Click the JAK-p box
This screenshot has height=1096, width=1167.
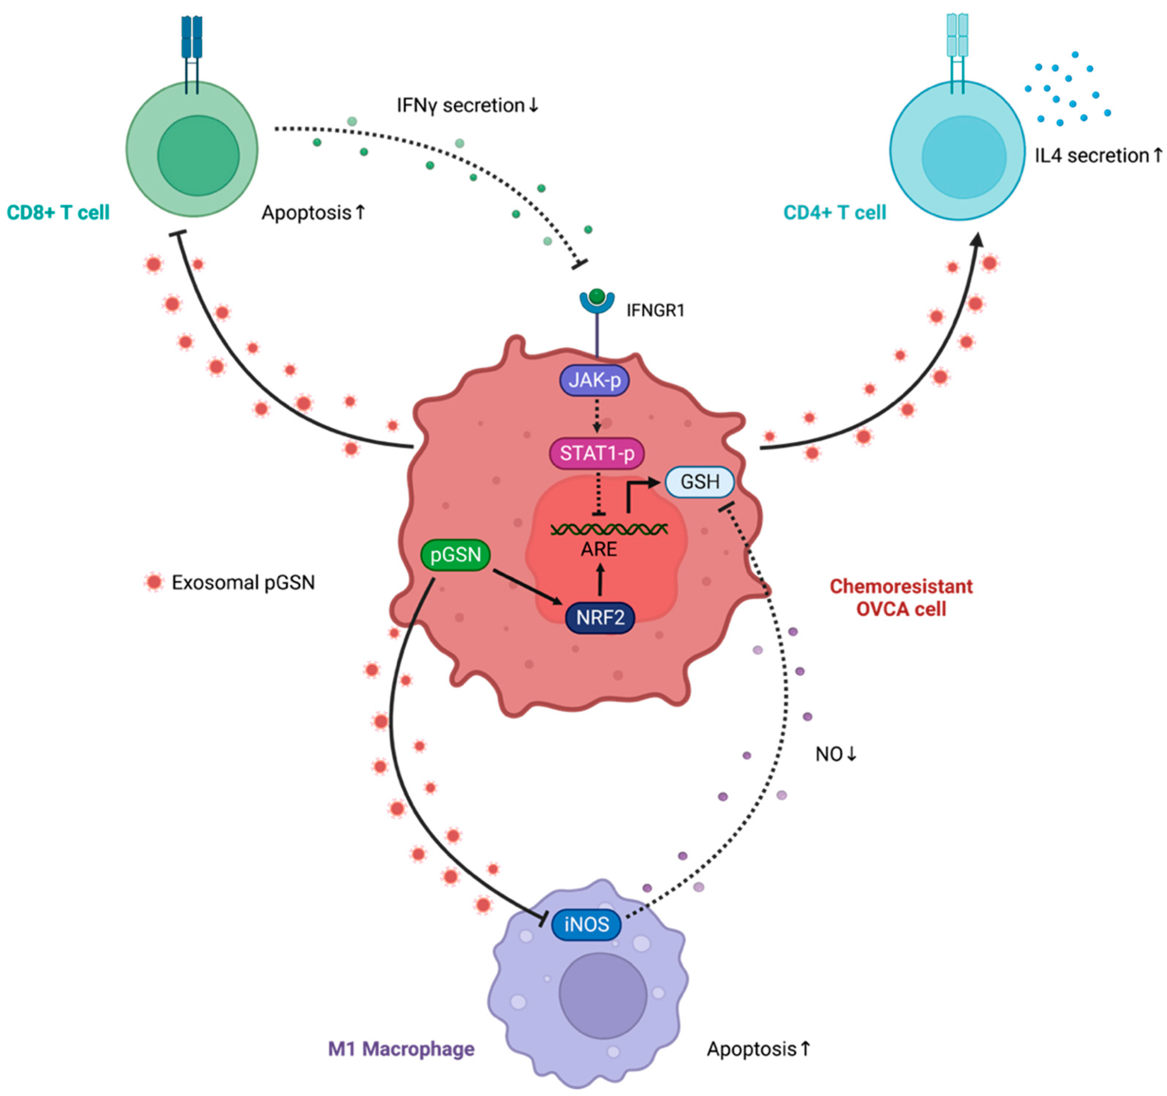pyautogui.click(x=594, y=380)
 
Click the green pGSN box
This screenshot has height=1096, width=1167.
pyautogui.click(x=456, y=554)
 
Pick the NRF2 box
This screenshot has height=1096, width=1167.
pyautogui.click(x=599, y=618)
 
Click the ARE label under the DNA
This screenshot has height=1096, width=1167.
pyautogui.click(x=599, y=550)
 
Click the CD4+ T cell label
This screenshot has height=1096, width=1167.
pyautogui.click(x=834, y=212)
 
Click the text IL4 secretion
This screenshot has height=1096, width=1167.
pyautogui.click(x=1091, y=156)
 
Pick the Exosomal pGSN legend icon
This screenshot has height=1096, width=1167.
pyautogui.click(x=154, y=582)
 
